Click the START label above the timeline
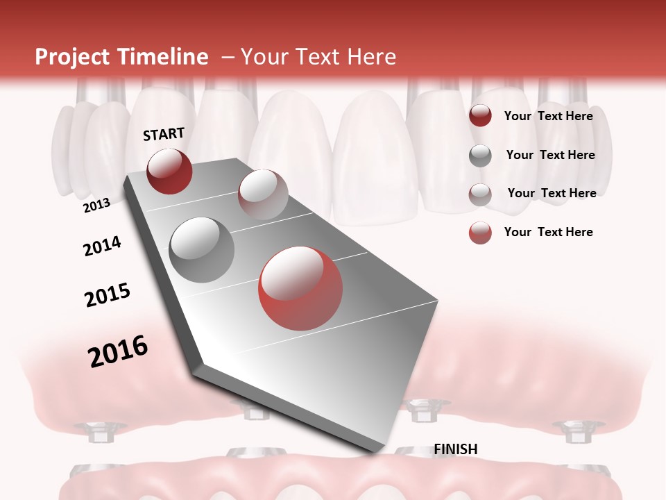coord(164,134)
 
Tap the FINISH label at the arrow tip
coord(456,449)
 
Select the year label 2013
coord(96,206)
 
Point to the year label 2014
coord(102,246)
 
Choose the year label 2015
coord(108,294)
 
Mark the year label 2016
coord(118,351)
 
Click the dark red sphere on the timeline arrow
coord(169,171)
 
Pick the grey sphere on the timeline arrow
coord(202,249)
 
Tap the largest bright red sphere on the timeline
coord(300,288)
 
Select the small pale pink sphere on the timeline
coord(263,194)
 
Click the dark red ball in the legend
coord(480,116)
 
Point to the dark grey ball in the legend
coord(480,156)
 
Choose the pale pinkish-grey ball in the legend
coord(480,194)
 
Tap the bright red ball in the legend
coord(480,233)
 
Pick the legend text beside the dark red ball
coord(548,116)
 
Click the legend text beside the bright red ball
coord(548,232)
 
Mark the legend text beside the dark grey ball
coord(550,155)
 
